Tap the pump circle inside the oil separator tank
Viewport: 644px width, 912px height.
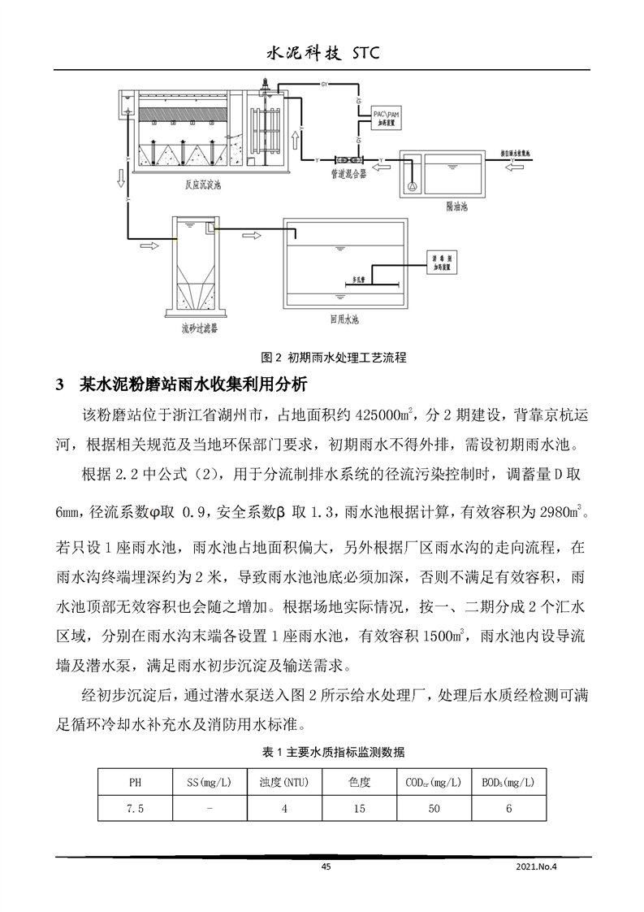point(413,186)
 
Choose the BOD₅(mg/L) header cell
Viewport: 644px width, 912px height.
point(509,783)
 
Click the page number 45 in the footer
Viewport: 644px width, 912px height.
point(326,867)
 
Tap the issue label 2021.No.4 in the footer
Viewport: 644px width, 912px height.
point(540,867)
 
